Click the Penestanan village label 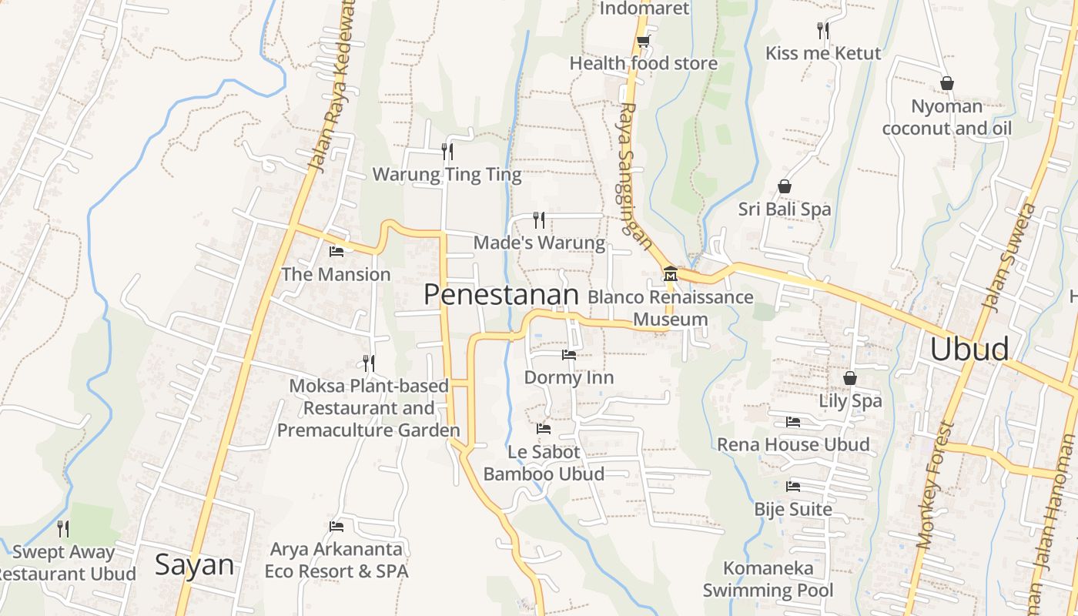[500, 295]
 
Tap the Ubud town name [969, 349]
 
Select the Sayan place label [194, 564]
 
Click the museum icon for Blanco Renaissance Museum [670, 274]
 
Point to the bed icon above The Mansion [336, 251]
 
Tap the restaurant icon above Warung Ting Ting [447, 151]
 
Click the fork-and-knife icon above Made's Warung [539, 220]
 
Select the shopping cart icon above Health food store [643, 41]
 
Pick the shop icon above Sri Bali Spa [784, 186]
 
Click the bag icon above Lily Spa [849, 378]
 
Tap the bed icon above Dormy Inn [568, 355]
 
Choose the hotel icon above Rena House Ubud [792, 421]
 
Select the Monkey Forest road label [935, 485]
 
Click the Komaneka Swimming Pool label [768, 580]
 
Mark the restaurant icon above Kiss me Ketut [823, 31]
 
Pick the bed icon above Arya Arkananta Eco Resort [336, 527]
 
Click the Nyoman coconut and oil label [946, 117]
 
